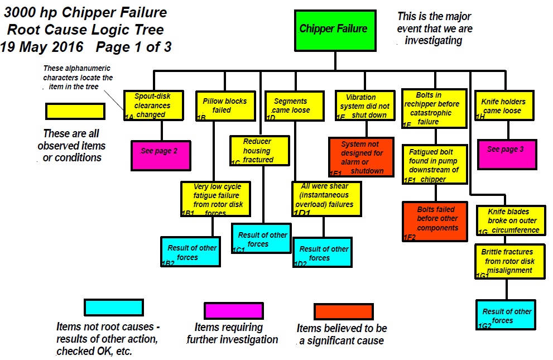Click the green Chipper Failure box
[335, 31]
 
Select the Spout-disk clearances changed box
[153, 105]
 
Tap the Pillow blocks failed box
[225, 106]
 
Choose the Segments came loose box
[295, 106]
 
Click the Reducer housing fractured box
[259, 151]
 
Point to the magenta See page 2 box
[161, 156]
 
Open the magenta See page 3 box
[507, 155]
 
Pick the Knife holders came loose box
[504, 105]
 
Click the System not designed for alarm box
[361, 157]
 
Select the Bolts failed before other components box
[435, 222]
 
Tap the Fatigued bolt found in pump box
[435, 164]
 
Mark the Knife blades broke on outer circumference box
[511, 220]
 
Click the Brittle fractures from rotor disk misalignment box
[510, 261]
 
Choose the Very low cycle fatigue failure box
[216, 199]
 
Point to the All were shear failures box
[326, 199]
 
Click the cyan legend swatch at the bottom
[114, 308]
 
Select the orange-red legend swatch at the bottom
[344, 311]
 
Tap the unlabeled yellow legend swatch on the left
[75, 112]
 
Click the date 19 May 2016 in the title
[42, 47]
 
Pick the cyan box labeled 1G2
[506, 315]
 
